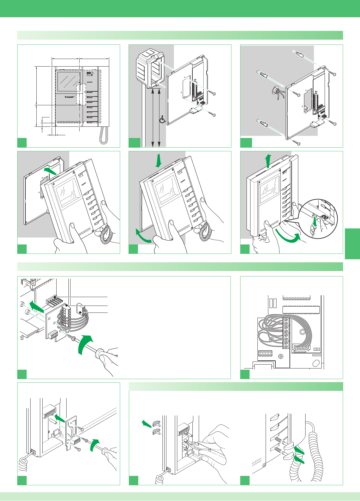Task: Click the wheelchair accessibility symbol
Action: point(162,120)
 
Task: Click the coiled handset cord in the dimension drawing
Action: point(104,135)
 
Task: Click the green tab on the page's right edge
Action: point(352,244)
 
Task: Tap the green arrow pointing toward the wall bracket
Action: point(50,172)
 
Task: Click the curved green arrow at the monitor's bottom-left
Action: point(143,237)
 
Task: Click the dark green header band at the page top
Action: point(180,8)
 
